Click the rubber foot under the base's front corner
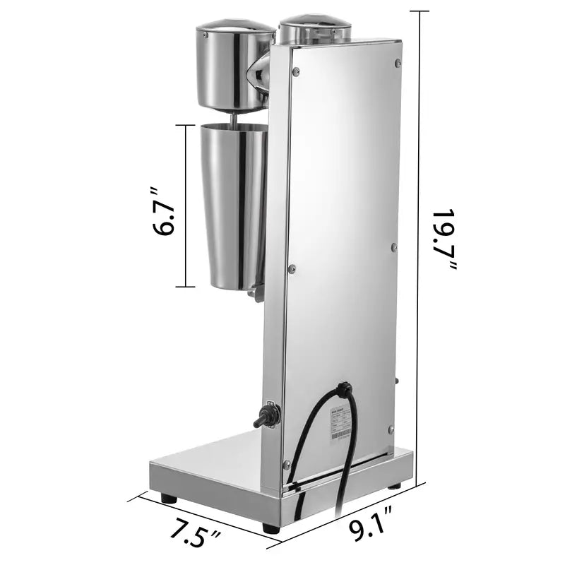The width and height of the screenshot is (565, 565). coord(270,527)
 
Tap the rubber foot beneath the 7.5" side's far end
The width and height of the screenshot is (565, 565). coord(168,498)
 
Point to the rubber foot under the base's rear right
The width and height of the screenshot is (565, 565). coord(394,486)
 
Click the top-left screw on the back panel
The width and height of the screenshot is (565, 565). coord(296,71)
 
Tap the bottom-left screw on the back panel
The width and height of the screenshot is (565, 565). coord(287,463)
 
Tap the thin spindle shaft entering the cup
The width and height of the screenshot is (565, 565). coord(232,119)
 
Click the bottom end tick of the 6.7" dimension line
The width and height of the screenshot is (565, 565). coord(185,287)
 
